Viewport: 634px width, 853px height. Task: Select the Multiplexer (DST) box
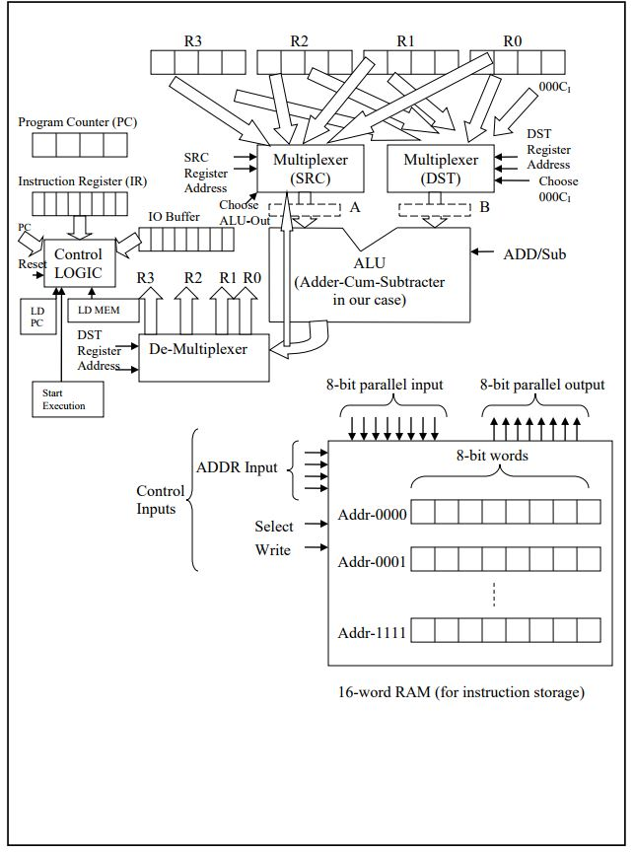(441, 170)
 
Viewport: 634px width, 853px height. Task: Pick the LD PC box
(36, 317)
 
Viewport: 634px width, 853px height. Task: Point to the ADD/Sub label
(533, 253)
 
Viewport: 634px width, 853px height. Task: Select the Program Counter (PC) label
(78, 122)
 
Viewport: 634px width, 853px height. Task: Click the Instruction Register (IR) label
(82, 181)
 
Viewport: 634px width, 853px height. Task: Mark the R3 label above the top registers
(192, 40)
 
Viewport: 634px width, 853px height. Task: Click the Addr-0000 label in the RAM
(372, 515)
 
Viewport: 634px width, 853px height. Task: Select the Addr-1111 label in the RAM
(372, 630)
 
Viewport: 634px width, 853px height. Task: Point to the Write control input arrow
(313, 549)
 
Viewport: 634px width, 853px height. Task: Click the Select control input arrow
(313, 527)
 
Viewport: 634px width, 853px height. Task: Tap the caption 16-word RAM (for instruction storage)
(460, 692)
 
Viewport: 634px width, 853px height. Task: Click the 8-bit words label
(492, 457)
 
